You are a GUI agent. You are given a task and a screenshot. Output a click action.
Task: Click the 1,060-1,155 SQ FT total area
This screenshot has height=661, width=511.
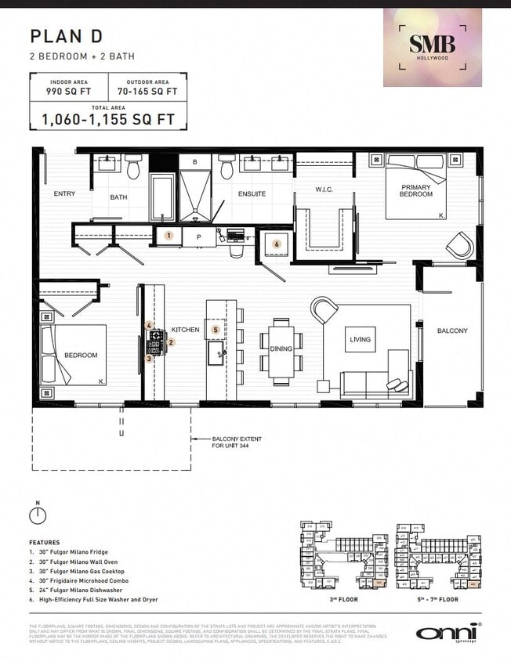108,119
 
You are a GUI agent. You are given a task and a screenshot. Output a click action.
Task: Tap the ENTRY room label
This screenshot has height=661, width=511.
64,193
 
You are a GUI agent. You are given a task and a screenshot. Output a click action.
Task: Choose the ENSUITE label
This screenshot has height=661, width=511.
252,193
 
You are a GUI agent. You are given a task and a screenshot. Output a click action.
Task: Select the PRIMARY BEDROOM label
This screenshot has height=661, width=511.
416,190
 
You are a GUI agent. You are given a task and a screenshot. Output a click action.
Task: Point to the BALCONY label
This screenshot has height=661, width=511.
452,330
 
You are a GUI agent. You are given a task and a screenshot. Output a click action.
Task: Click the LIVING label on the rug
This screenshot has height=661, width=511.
361,339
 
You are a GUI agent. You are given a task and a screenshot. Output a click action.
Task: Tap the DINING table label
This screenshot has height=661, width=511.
281,349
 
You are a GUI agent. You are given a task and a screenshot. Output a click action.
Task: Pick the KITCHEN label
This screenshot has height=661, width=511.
187,330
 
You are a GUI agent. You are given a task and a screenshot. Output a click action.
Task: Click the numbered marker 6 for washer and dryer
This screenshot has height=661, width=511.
276,244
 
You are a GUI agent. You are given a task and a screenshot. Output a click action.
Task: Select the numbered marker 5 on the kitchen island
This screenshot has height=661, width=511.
216,330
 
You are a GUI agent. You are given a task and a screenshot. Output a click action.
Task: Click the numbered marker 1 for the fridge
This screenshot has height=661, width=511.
168,235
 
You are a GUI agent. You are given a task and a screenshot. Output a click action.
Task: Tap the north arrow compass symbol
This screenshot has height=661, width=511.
35,515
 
